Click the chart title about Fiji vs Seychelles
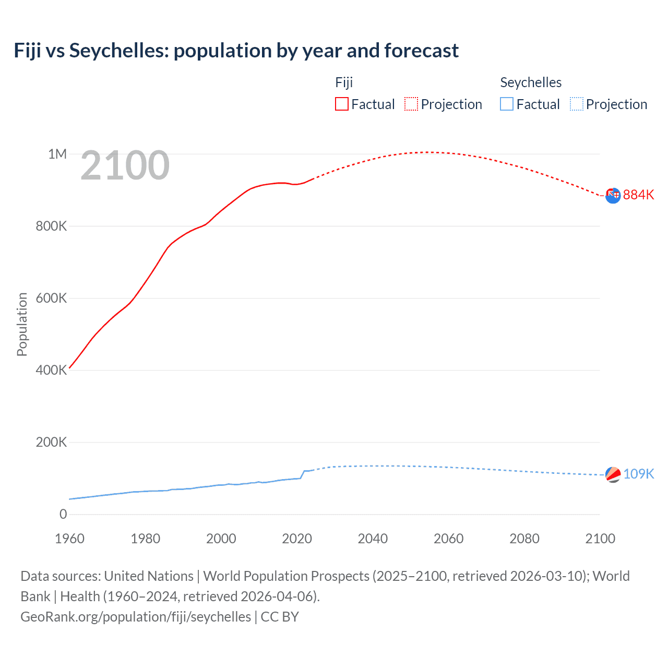tap(236, 51)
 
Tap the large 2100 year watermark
tap(125, 165)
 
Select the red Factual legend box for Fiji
tap(342, 104)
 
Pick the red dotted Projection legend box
tap(411, 104)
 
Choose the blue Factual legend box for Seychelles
tap(507, 104)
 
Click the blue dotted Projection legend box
tap(577, 104)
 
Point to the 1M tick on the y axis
tap(57, 154)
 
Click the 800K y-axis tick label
tap(51, 226)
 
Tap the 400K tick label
tap(51, 370)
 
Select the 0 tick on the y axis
tap(63, 514)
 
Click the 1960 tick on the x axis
tap(69, 539)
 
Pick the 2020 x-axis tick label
tap(297, 539)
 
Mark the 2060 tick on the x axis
tap(448, 539)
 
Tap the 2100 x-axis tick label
tap(600, 539)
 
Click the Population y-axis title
tap(22, 324)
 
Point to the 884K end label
tap(638, 195)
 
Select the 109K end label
tap(638, 474)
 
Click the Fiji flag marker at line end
tap(613, 195)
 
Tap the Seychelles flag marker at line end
tap(613, 474)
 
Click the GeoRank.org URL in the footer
tap(136, 616)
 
